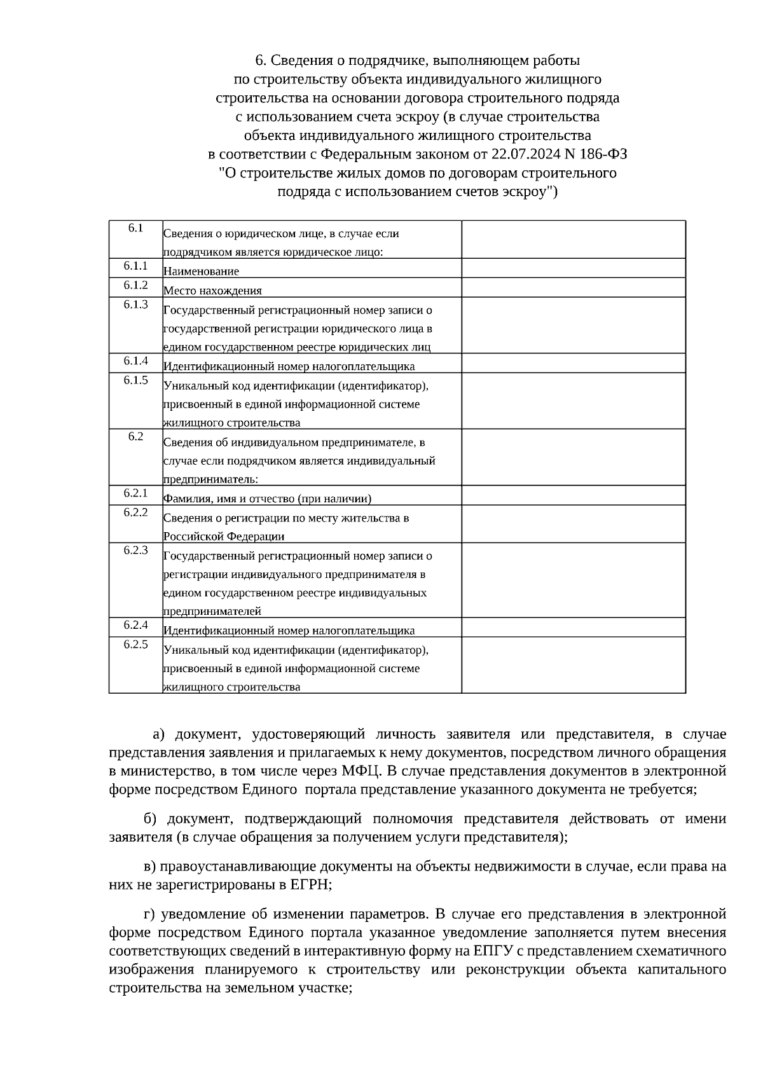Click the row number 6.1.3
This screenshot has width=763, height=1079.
(135, 305)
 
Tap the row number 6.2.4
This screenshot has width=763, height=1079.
(135, 625)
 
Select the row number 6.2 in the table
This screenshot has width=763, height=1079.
(135, 436)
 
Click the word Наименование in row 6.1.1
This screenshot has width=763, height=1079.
(201, 271)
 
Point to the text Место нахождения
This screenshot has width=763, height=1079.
(212, 291)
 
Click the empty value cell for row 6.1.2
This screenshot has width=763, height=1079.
(573, 287)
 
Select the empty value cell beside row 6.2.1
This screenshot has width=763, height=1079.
(573, 495)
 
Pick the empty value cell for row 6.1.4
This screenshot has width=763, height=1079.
(573, 363)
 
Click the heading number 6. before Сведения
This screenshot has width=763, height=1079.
(260, 60)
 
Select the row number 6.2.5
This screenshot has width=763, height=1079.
(135, 644)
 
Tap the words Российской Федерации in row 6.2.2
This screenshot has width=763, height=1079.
(224, 537)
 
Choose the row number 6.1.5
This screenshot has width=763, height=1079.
(135, 380)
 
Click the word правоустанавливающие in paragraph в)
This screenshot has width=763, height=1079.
(237, 866)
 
